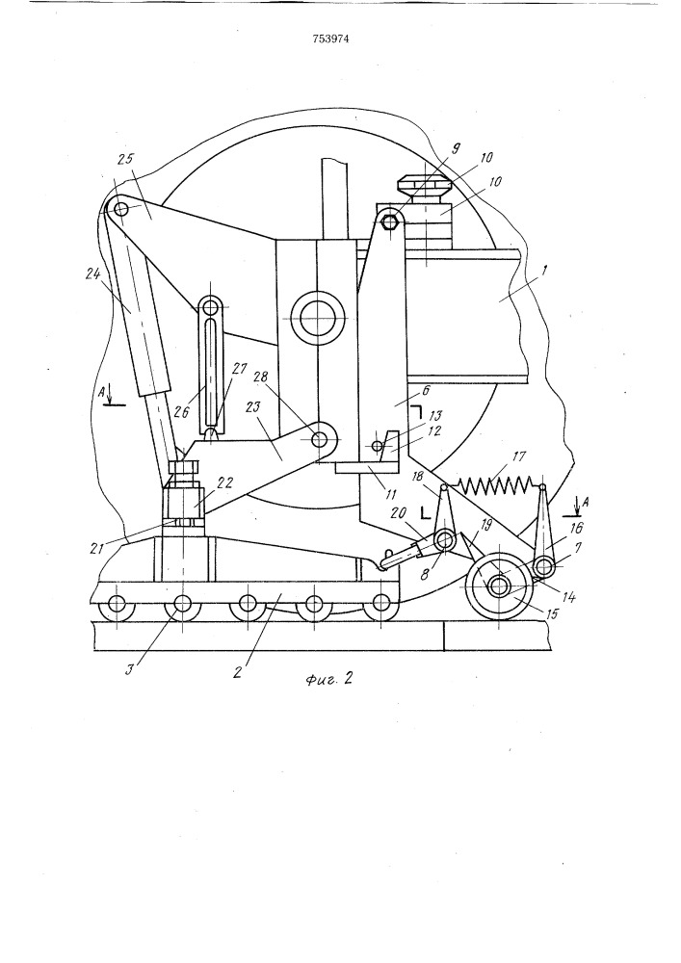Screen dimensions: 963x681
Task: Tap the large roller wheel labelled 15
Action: pyautogui.click(x=499, y=587)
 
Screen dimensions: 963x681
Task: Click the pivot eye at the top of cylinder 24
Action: pyautogui.click(x=121, y=208)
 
